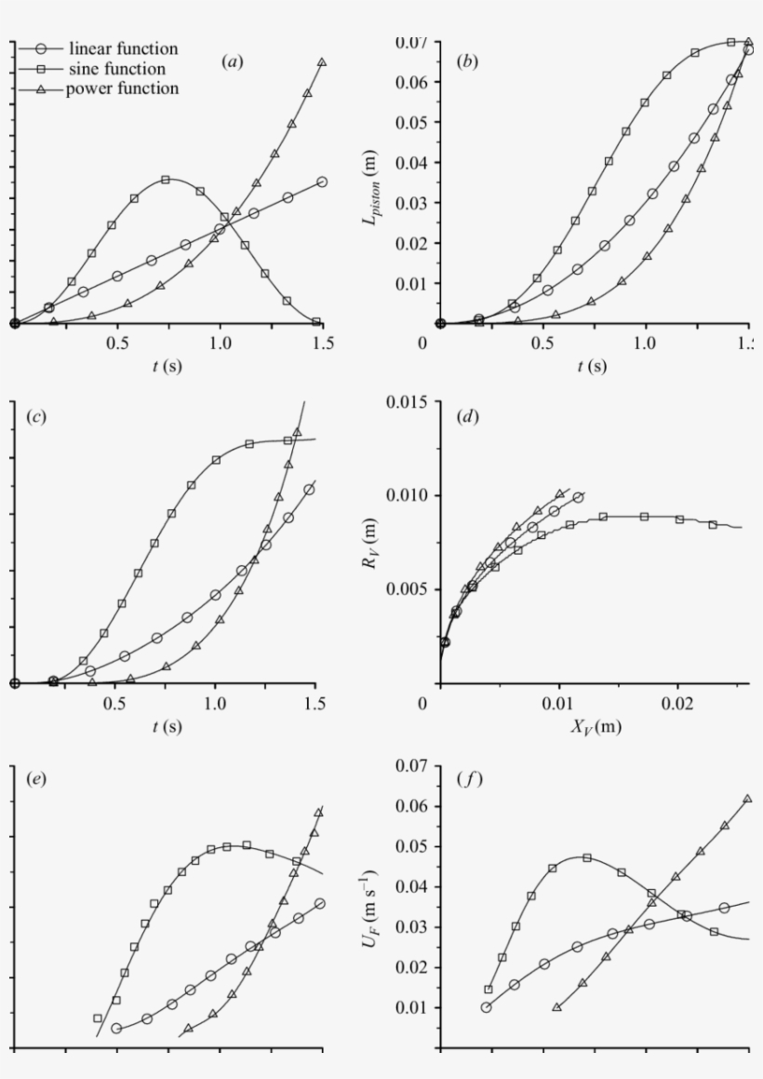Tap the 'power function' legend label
(122, 89)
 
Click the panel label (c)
(38, 416)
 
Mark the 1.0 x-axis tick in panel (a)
(220, 342)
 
